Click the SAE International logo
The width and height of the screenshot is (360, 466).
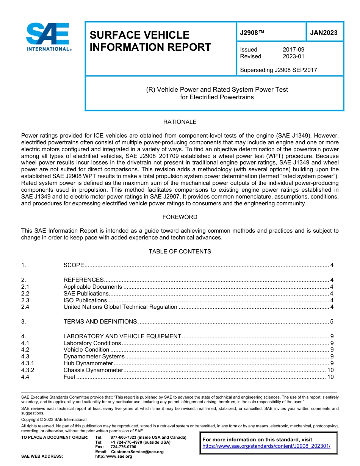tap(49, 37)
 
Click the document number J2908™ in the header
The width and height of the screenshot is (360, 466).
tap(252, 33)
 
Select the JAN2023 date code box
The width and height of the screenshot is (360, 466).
tap(324, 33)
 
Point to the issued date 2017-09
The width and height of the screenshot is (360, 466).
tap(293, 50)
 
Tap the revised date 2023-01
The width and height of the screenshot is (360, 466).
tap(293, 56)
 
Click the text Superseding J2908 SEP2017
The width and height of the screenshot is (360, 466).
tap(279, 70)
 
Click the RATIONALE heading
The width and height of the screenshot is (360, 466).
tap(180, 122)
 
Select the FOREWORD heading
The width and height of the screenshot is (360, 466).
tap(180, 217)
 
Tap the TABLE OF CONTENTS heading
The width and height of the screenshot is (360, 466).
tap(180, 252)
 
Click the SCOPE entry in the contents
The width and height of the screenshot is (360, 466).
tap(74, 265)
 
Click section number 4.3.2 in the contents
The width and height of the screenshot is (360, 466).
tap(28, 370)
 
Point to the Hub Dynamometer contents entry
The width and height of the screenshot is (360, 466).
tap(88, 363)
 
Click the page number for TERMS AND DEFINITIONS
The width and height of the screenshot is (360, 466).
tap(332, 322)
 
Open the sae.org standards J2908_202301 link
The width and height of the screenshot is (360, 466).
tap(266, 446)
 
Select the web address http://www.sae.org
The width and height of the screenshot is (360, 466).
tap(114, 457)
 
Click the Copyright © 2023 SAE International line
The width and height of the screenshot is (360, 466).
tap(54, 419)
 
